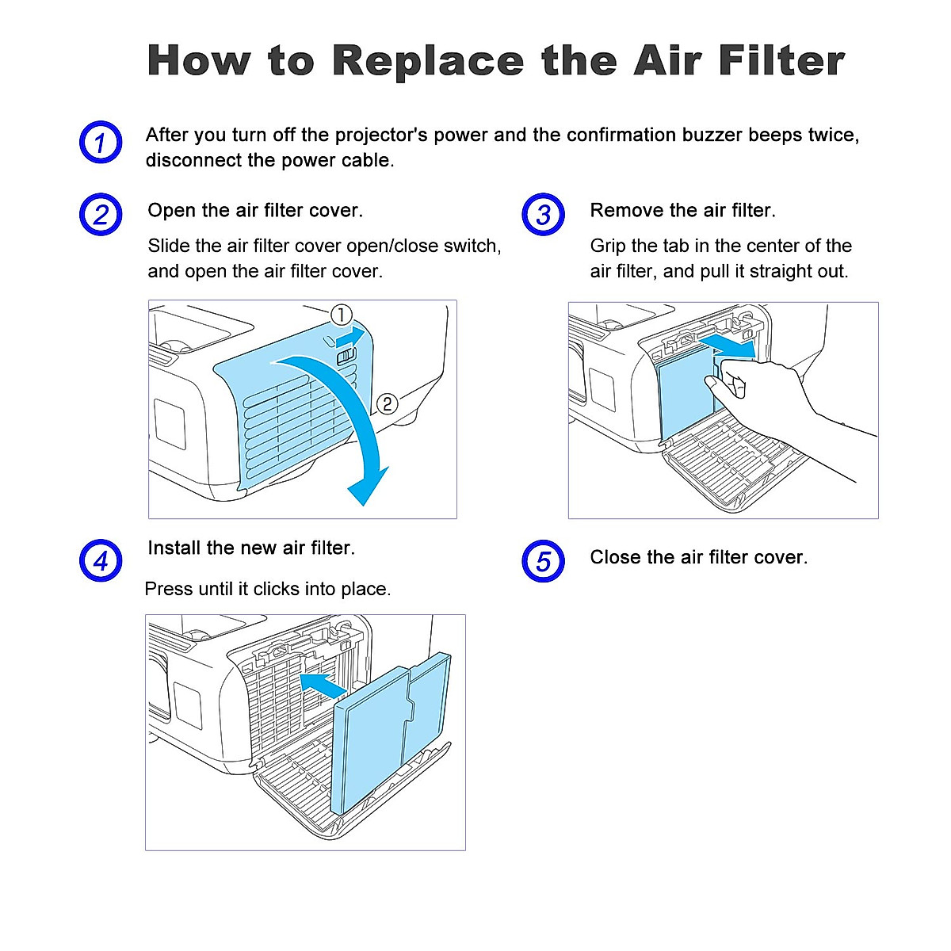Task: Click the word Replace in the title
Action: click(428, 61)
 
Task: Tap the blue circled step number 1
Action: click(101, 143)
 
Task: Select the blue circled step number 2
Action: click(101, 215)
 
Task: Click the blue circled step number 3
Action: click(543, 215)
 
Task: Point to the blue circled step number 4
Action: click(101, 561)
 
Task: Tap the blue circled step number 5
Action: click(543, 561)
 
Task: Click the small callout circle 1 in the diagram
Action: click(341, 315)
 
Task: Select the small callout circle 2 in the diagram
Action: click(386, 404)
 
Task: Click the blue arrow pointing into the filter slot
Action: click(327, 685)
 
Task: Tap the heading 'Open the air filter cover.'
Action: click(255, 211)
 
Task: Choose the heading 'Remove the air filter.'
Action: click(682, 211)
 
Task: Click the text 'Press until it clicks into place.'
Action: click(268, 590)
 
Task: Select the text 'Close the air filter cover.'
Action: click(698, 557)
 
